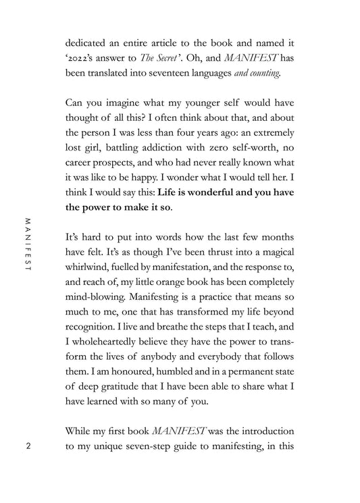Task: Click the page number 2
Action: click(28, 447)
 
